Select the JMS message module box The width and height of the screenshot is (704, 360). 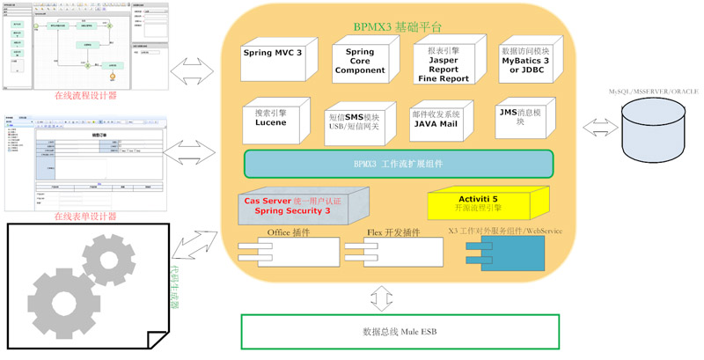pyautogui.click(x=524, y=119)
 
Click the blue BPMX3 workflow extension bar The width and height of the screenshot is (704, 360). pyautogui.click(x=398, y=164)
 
